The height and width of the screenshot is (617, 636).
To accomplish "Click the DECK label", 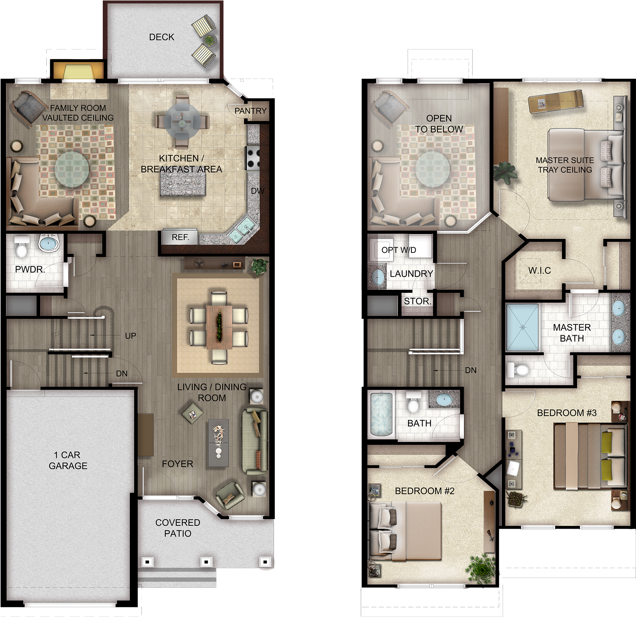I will click(x=162, y=37).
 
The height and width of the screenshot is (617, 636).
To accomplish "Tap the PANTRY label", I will click(x=250, y=111).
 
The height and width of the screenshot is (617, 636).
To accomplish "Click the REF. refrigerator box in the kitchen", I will click(x=180, y=237).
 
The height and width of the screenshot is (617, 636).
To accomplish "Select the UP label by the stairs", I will click(x=130, y=336).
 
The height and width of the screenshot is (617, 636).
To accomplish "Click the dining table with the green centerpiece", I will click(x=219, y=327).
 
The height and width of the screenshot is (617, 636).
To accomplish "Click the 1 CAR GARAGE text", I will click(x=68, y=460).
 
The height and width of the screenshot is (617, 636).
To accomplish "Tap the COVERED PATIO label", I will click(x=177, y=528).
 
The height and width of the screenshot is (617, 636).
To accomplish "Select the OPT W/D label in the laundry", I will click(x=399, y=250).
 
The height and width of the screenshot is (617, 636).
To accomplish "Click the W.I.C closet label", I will click(x=539, y=270).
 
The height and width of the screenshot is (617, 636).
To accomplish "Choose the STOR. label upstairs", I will click(x=417, y=301).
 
